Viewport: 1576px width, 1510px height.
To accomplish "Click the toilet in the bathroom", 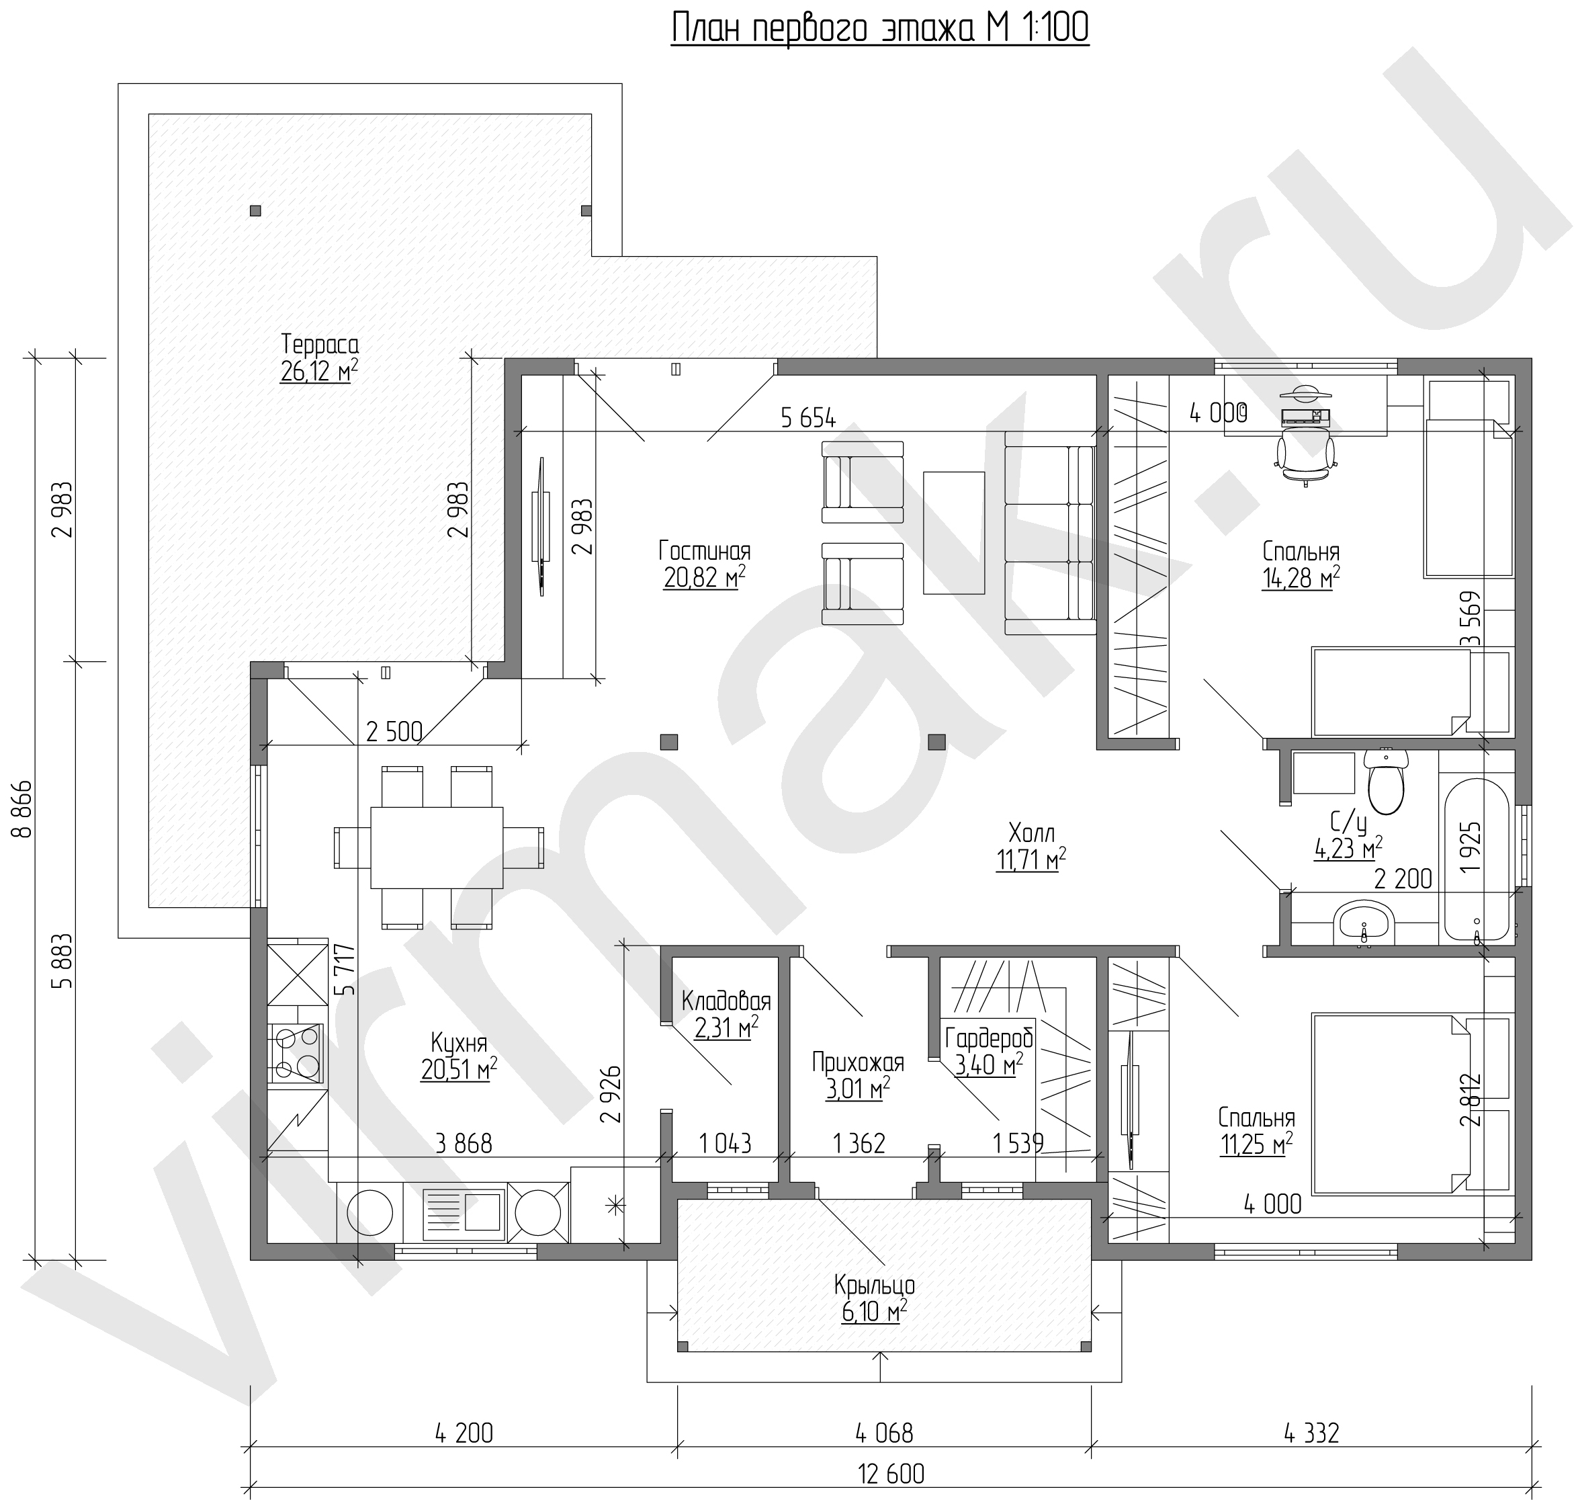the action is tap(1385, 781).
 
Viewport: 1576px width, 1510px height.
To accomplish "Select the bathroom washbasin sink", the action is tap(1364, 923).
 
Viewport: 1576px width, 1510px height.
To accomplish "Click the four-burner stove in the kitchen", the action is tap(297, 1053).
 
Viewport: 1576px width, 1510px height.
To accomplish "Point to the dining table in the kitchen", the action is tap(437, 847).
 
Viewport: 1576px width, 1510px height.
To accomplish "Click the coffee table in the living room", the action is tap(954, 532).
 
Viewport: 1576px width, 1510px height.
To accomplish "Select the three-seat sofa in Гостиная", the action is tap(1050, 532).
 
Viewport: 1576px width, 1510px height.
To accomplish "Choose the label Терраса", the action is tap(320, 344).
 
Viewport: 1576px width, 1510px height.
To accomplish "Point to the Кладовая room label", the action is tap(726, 1001).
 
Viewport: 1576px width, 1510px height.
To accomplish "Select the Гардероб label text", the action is tap(989, 1038).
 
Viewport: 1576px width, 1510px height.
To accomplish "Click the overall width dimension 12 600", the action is tap(891, 1474).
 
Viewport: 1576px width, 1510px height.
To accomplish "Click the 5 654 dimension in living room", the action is tap(808, 417).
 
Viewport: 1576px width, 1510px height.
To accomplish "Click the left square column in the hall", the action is tap(669, 742).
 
